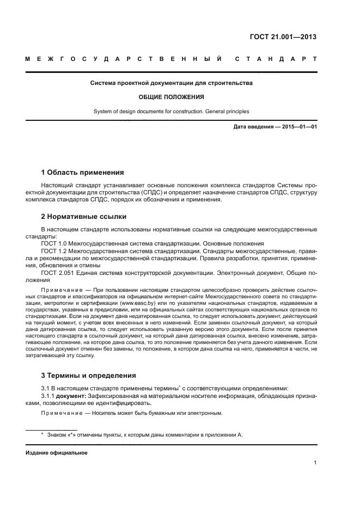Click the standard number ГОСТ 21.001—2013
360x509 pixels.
click(x=283, y=38)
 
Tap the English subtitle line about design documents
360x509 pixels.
click(x=172, y=112)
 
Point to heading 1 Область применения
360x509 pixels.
click(x=83, y=173)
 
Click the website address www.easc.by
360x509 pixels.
click(x=136, y=299)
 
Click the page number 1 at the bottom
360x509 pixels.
click(x=315, y=463)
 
